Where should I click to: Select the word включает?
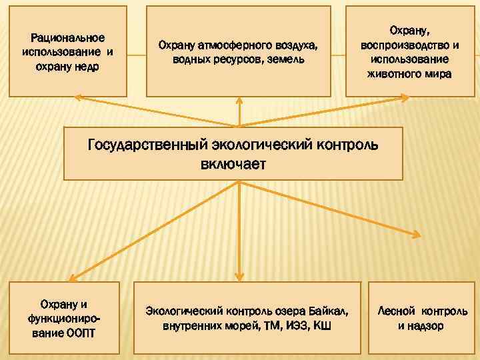pyautogui.click(x=233, y=164)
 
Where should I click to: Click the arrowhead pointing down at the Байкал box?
pyautogui.click(x=239, y=274)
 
